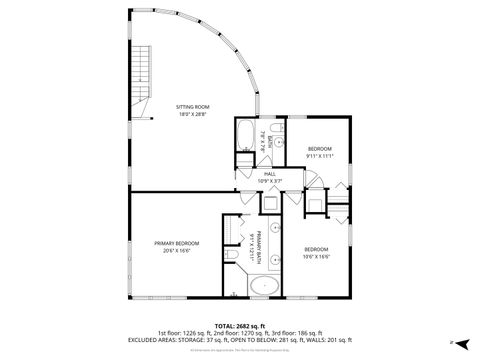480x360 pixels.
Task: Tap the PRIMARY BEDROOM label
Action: coord(177,243)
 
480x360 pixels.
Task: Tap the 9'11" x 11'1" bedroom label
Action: coord(320,155)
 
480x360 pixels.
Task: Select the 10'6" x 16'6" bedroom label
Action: coord(317,255)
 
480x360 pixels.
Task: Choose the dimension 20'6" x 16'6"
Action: coord(177,250)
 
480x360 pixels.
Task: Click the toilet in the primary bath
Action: coord(232,293)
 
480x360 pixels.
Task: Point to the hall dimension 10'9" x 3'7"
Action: coord(270,180)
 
